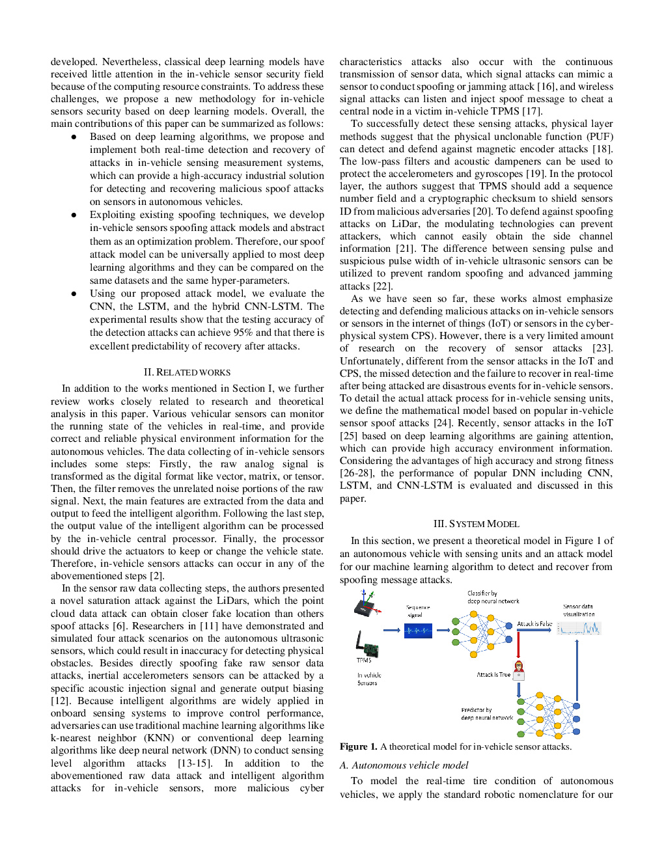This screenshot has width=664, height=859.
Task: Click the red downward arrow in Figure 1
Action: [x=518, y=645]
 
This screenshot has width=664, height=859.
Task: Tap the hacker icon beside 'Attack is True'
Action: [x=518, y=670]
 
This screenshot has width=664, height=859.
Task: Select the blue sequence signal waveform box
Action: [x=418, y=631]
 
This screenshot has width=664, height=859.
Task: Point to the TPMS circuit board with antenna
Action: [x=367, y=644]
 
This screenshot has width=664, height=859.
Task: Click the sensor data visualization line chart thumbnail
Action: [x=579, y=628]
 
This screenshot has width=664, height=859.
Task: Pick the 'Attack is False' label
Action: [x=534, y=623]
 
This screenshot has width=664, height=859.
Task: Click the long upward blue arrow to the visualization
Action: [x=577, y=670]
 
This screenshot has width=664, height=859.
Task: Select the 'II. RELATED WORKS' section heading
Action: [x=187, y=372]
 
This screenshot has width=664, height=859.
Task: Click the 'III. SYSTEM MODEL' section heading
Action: [x=476, y=524]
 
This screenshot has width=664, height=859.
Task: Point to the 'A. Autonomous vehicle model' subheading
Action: [x=404, y=765]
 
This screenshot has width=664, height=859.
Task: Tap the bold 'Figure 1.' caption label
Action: [x=358, y=746]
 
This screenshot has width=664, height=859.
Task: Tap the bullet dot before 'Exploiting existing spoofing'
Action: [x=74, y=215]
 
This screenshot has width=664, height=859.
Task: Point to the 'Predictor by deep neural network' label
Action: [x=487, y=714]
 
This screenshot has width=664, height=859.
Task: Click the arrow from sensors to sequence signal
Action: [x=391, y=630]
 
